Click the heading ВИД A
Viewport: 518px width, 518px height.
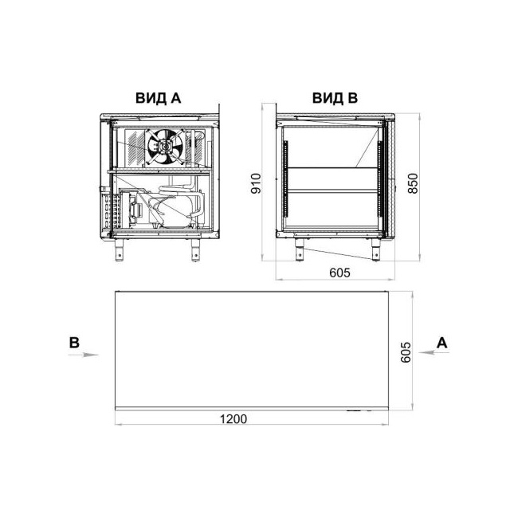coord(159,98)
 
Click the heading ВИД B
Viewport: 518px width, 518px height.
coord(335,98)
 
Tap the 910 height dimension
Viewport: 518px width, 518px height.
coord(256,183)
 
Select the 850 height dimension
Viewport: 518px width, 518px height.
coord(413,183)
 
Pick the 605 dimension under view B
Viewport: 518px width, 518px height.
coord(339,273)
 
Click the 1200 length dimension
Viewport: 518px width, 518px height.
coord(233,419)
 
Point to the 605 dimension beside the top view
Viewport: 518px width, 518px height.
coord(406,352)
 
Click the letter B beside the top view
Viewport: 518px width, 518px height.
coord(74,343)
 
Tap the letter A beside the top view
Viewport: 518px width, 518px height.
coord(441,343)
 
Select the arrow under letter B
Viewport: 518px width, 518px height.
coord(83,355)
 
